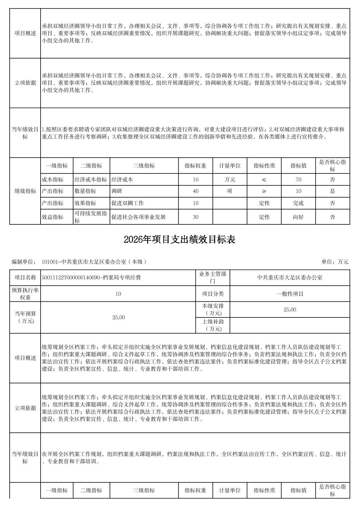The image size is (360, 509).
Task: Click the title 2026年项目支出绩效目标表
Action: (x=180, y=239)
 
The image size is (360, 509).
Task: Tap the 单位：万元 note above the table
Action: (x=335, y=262)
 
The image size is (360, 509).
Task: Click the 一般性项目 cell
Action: (x=290, y=294)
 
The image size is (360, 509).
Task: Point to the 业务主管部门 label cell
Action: (x=213, y=277)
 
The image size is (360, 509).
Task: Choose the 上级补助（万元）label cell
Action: (x=213, y=325)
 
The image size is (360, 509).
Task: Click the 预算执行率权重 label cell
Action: (x=25, y=294)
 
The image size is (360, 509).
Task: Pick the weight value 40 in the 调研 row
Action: (x=195, y=191)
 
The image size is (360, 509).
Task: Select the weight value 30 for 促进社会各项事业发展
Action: (x=195, y=217)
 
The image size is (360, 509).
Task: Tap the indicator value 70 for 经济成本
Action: (x=298, y=179)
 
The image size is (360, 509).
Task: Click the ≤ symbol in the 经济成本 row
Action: (x=264, y=179)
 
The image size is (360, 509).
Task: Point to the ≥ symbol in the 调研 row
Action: (x=264, y=191)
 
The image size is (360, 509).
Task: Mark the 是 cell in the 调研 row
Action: (x=333, y=191)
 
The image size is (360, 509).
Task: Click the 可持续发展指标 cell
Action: (x=91, y=217)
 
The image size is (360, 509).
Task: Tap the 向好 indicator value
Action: (x=298, y=217)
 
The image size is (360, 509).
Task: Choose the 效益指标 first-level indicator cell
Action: (x=53, y=217)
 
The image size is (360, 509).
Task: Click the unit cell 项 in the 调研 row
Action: (x=230, y=191)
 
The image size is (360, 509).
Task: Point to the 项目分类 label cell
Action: (x=213, y=294)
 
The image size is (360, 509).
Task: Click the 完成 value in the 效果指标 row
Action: (x=298, y=203)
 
